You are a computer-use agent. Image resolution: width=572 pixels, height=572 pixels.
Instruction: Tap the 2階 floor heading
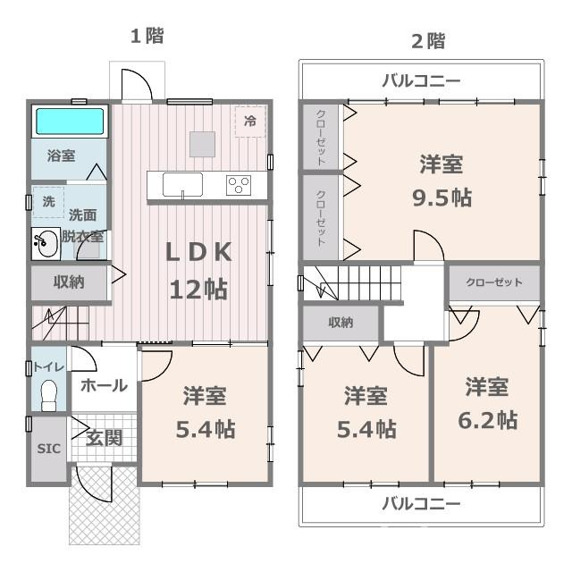tap(427, 40)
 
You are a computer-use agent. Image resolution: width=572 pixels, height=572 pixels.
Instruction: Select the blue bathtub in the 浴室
tap(69, 122)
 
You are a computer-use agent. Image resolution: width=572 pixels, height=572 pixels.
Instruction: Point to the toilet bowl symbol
tap(49, 394)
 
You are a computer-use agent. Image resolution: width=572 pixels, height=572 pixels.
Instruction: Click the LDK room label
tap(198, 253)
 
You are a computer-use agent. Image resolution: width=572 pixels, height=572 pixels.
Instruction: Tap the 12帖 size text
tap(198, 289)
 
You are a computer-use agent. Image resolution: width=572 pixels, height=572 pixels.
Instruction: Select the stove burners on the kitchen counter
tap(239, 185)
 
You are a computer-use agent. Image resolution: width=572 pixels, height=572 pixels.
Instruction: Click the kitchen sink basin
tap(182, 185)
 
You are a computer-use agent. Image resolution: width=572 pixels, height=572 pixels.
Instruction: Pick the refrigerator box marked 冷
tap(250, 122)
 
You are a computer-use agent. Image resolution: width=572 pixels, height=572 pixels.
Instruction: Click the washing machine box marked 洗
tap(48, 202)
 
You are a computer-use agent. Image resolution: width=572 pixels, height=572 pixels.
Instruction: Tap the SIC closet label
tap(49, 449)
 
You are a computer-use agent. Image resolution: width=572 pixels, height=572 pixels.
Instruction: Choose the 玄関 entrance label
tap(104, 438)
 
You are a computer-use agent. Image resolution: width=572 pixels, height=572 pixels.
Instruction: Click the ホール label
tap(104, 386)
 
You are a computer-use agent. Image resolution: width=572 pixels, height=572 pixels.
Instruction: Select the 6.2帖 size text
tap(487, 419)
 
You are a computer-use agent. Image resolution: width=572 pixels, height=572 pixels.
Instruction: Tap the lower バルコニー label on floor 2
tap(421, 503)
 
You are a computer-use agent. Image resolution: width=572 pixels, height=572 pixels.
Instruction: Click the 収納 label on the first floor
tap(68, 282)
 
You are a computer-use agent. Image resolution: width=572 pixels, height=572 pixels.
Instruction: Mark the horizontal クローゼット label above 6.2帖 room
tap(494, 282)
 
